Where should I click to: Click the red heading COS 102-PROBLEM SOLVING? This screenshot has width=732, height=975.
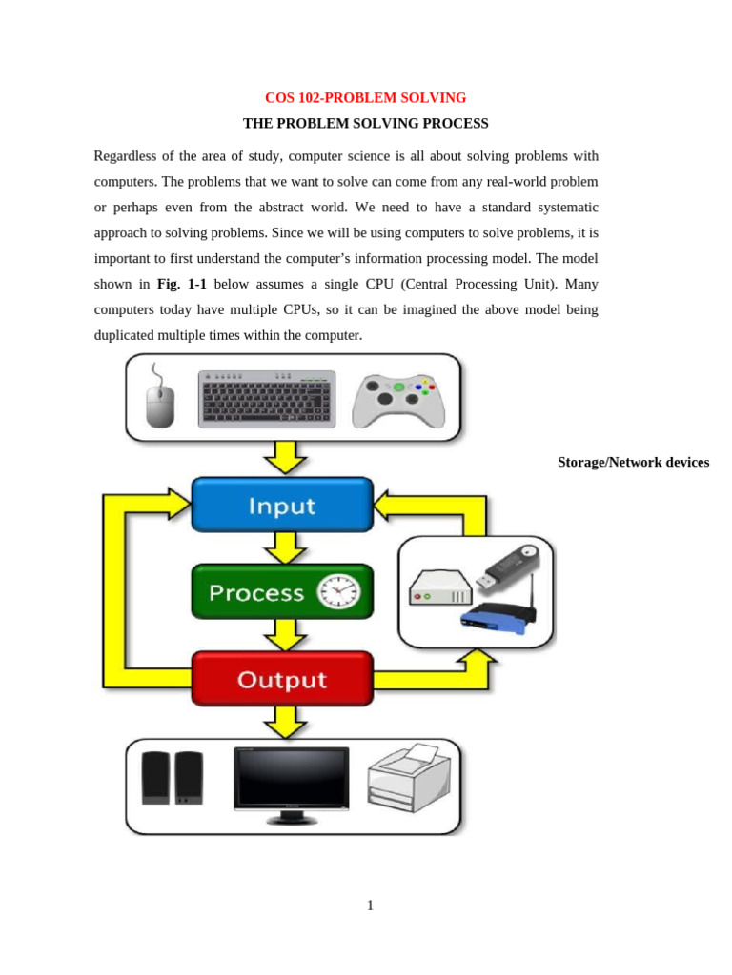365,98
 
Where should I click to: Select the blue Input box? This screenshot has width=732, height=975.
282,505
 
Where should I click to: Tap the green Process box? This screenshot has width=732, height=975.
282,592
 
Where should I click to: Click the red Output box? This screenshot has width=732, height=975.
282,680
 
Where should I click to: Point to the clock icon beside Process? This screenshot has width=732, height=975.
339,592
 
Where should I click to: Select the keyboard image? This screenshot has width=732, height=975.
267,399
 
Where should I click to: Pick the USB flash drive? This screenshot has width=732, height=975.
503,568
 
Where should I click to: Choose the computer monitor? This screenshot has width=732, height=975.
292,785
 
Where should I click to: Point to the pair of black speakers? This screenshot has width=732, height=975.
173,778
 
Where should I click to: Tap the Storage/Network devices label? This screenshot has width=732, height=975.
633,463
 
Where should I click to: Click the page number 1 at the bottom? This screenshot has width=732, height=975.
370,905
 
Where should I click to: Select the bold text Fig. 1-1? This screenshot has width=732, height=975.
181,284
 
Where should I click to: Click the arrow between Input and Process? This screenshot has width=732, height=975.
283,547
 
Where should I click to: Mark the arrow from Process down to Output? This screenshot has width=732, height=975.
283,634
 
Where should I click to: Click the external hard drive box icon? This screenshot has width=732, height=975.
440,587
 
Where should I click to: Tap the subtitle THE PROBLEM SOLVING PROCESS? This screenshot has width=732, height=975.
365,124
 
